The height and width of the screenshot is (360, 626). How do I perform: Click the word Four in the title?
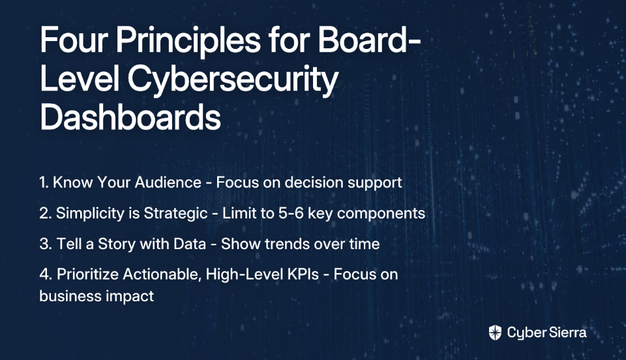[x=74, y=40]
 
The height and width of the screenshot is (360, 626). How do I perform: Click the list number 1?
[x=44, y=183]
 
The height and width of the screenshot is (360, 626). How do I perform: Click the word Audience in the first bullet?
[x=168, y=183]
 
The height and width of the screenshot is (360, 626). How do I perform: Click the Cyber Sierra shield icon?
[x=495, y=333]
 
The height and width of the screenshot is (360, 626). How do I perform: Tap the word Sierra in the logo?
[x=567, y=333]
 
